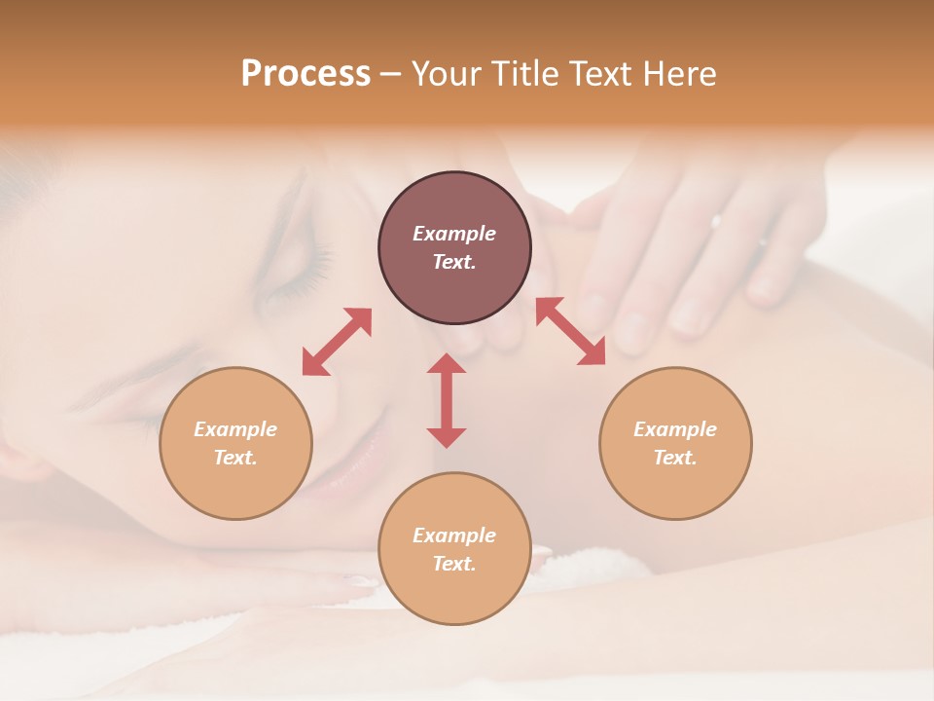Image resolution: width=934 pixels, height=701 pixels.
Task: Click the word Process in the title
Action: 305,74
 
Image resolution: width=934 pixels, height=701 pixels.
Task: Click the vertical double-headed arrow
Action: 447,400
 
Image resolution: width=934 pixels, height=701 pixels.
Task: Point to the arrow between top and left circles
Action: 337,342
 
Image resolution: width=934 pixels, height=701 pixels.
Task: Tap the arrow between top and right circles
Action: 571,331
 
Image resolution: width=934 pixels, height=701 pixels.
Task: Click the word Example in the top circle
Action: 454,234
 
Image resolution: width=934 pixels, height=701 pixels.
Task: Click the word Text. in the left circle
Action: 235,458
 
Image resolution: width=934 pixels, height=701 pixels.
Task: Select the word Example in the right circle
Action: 675,429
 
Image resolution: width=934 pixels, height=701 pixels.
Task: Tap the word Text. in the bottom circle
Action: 454,564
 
